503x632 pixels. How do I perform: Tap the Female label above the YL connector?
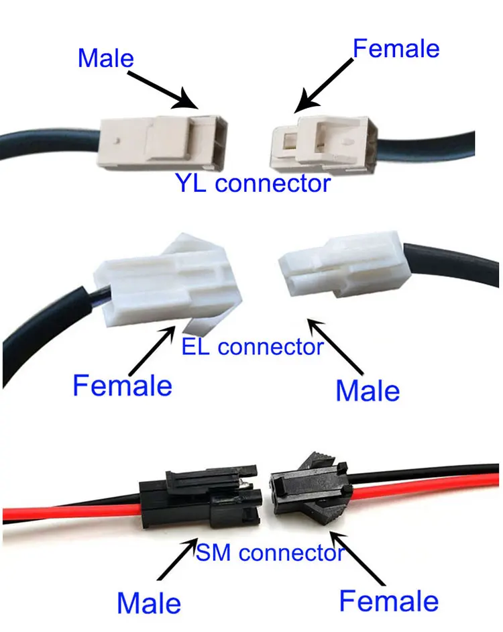click(396, 48)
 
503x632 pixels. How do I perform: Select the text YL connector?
click(253, 183)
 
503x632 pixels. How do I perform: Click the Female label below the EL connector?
click(122, 386)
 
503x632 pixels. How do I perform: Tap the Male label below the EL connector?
click(367, 390)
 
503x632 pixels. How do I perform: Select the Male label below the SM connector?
click(149, 602)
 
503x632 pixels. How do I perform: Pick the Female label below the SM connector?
click(388, 600)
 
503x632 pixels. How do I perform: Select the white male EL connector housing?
click(338, 268)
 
